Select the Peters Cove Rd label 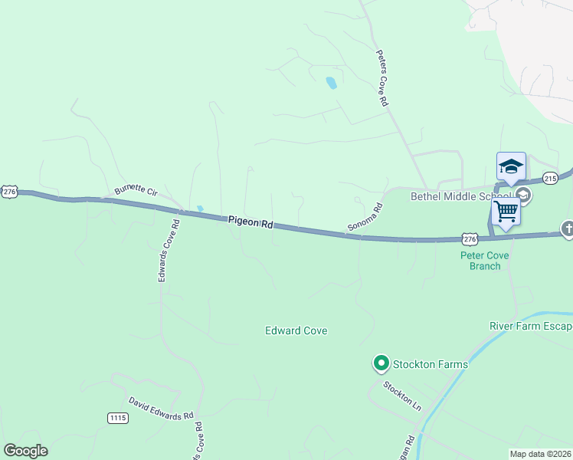tap(382, 78)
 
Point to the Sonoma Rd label tap(365, 217)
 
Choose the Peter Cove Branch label tap(485, 261)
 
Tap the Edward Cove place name tap(296, 330)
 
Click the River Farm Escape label tap(531, 326)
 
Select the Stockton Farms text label tap(430, 363)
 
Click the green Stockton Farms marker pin tap(380, 363)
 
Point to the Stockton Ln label tap(403, 396)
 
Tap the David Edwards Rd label tap(161, 409)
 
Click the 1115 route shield tap(117, 418)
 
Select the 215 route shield tap(550, 178)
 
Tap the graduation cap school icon tap(511, 167)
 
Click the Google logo tap(25, 451)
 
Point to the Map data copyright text tap(541, 454)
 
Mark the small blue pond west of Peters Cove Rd tap(331, 83)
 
